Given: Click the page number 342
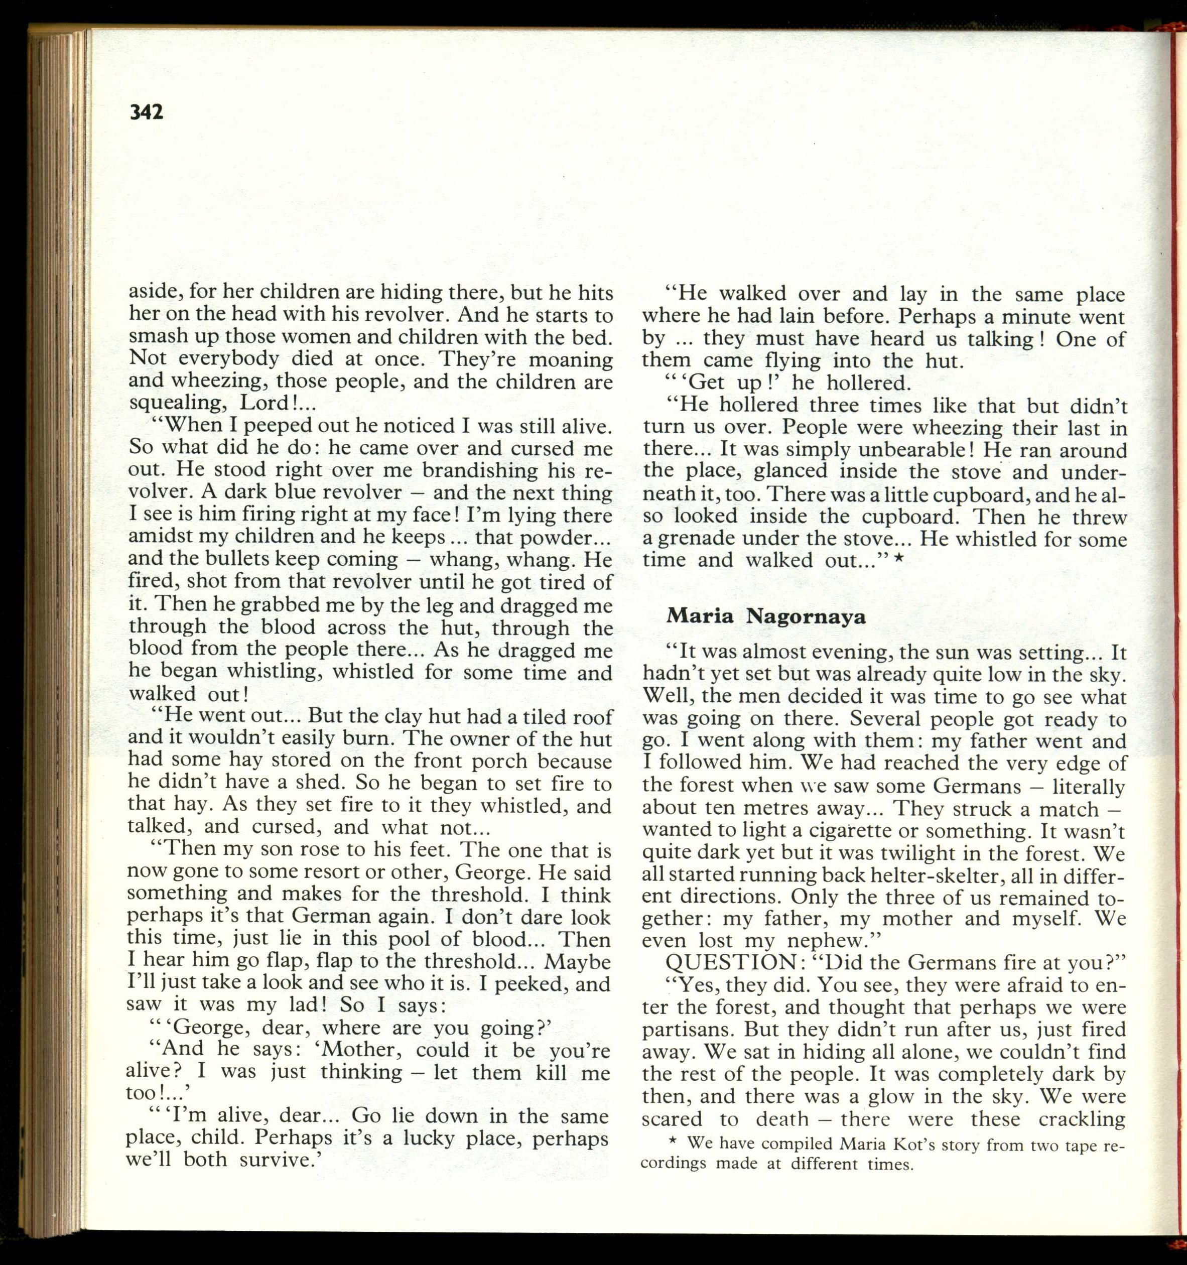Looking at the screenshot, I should (x=147, y=112).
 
